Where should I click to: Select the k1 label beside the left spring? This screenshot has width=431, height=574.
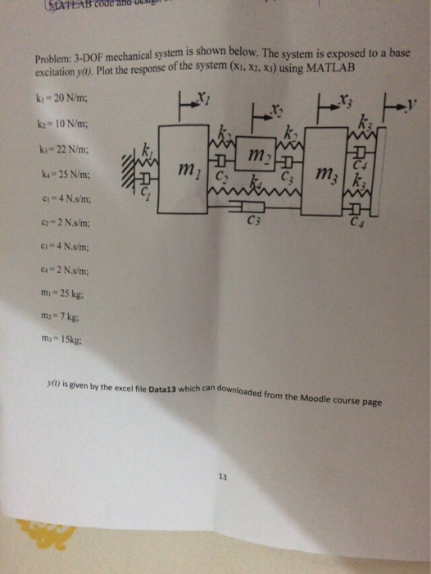point(147,149)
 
